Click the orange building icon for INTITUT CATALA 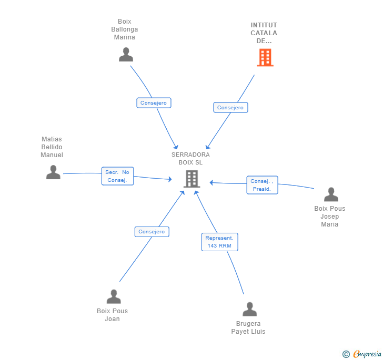(265, 58)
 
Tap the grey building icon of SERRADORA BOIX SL (191, 179)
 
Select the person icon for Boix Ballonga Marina (126, 55)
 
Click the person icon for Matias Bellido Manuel (53, 172)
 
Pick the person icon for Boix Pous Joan (114, 296)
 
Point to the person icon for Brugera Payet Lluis (249, 309)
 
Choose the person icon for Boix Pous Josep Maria (331, 194)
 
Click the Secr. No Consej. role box (117, 176)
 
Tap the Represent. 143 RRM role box (219, 242)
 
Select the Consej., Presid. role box (262, 185)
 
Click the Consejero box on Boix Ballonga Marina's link (154, 103)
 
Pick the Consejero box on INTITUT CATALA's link (230, 107)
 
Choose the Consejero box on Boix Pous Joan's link (152, 232)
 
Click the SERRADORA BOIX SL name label (190, 158)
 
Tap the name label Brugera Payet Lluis (248, 327)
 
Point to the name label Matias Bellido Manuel (52, 147)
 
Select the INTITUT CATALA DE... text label (264, 33)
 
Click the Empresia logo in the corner (362, 354)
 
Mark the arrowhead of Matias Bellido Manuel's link (170, 179)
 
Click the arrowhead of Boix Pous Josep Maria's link (211, 182)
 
